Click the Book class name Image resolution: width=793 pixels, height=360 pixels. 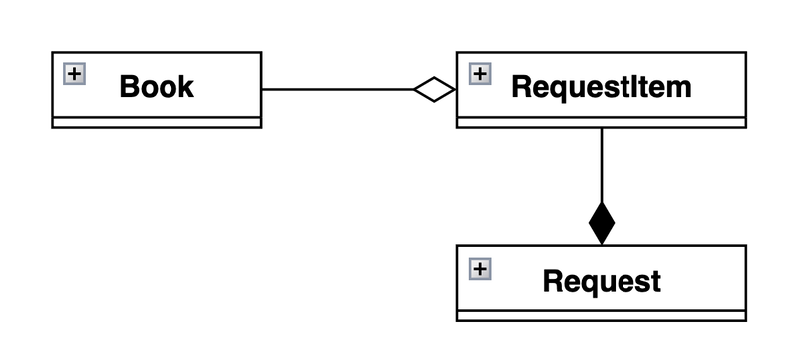157,86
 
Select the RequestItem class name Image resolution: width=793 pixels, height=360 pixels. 602,86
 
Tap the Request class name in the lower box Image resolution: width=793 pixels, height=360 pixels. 602,281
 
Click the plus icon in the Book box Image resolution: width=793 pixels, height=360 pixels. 74,72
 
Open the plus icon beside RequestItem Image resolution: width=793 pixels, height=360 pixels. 479,72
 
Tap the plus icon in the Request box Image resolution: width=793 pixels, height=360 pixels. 479,268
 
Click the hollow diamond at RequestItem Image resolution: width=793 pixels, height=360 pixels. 435,90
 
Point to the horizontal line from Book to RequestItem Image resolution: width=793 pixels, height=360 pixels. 337,90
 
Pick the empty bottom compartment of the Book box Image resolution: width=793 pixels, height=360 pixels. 156,122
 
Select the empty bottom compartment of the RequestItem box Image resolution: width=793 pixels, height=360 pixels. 602,122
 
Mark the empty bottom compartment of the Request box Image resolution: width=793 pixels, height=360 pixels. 602,316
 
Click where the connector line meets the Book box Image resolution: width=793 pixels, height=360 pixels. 262,90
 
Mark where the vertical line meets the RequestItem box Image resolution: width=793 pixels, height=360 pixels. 602,128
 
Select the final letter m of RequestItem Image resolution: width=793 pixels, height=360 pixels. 678,88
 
